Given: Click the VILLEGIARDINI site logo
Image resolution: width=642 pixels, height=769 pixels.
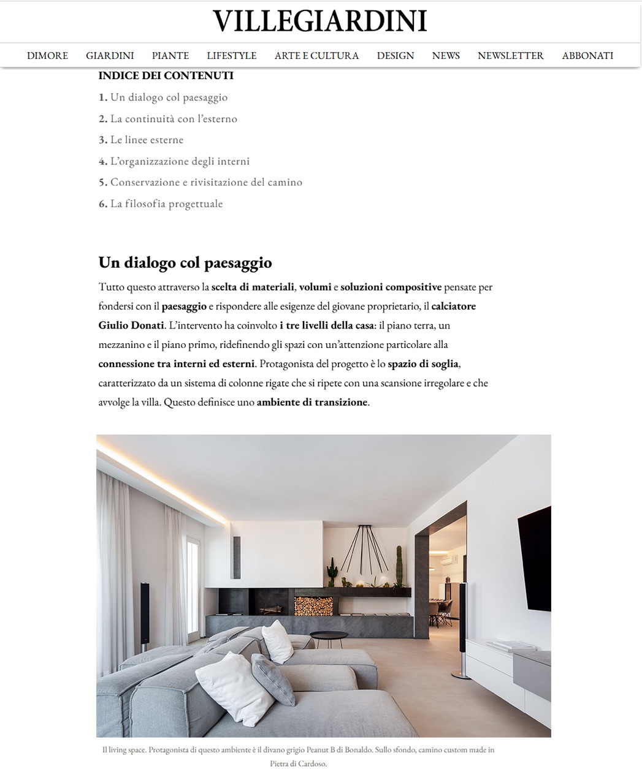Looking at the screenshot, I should (x=320, y=21).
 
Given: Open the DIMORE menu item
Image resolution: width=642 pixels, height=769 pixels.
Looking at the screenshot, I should (x=47, y=56).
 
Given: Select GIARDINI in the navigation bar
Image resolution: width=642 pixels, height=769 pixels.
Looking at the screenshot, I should (x=110, y=56).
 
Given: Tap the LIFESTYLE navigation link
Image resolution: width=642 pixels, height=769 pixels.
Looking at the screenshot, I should (x=231, y=56).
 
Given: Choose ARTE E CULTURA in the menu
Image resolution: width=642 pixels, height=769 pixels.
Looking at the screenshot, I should (x=316, y=56).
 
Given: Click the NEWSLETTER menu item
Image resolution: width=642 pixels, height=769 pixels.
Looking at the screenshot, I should (x=510, y=56).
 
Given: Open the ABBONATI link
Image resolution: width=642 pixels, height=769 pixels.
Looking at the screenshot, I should (x=587, y=56).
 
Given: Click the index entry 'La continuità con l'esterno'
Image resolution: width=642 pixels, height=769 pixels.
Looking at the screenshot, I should (x=174, y=119).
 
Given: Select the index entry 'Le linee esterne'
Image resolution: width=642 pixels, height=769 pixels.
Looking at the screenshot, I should (x=147, y=140).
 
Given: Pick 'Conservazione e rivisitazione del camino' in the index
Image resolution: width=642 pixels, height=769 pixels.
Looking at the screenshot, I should (x=206, y=182).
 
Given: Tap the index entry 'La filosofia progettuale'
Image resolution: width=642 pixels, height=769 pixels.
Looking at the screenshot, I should (x=166, y=203).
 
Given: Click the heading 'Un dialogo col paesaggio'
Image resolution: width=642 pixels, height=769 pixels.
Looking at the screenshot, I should (x=185, y=263).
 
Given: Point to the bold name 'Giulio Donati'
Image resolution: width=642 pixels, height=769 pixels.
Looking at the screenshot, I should (x=131, y=325).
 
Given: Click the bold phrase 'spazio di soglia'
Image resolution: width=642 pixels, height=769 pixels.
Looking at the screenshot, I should (x=423, y=364).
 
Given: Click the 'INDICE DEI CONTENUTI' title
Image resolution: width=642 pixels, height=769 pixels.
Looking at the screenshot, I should (x=166, y=76).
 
